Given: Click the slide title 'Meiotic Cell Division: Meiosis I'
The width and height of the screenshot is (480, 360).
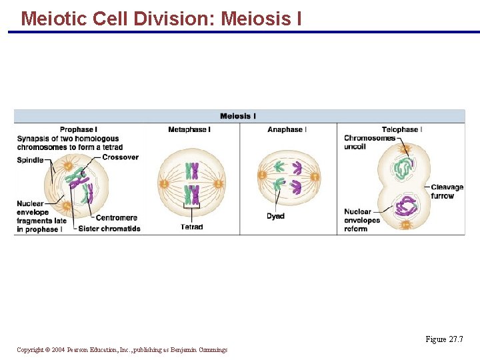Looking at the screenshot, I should click(x=161, y=18).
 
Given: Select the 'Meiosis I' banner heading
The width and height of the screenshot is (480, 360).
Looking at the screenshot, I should click(x=238, y=116).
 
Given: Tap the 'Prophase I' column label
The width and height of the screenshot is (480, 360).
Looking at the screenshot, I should click(x=78, y=129).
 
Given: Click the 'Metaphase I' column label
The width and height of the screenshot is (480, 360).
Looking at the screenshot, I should click(x=189, y=129).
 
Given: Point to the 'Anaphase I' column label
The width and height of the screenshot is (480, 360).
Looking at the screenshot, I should click(x=287, y=129).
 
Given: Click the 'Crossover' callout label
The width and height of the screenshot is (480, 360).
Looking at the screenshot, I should click(x=121, y=157).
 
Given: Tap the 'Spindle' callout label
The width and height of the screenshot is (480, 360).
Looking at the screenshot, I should click(x=30, y=160).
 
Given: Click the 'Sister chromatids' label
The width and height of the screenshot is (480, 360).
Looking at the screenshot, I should click(x=109, y=229).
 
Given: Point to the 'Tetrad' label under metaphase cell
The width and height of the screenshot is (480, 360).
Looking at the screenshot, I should click(x=191, y=227).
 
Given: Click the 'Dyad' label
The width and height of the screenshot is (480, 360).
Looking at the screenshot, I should click(x=275, y=216).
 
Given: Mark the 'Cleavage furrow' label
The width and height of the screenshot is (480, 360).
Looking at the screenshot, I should click(x=446, y=191).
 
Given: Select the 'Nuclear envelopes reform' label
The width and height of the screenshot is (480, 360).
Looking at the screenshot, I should click(x=362, y=220).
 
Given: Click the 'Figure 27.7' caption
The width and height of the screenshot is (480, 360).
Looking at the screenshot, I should click(x=444, y=339).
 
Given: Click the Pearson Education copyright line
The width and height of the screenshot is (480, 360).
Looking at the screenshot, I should click(x=122, y=350).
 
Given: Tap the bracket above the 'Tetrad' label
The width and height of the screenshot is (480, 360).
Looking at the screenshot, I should click(x=191, y=215).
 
